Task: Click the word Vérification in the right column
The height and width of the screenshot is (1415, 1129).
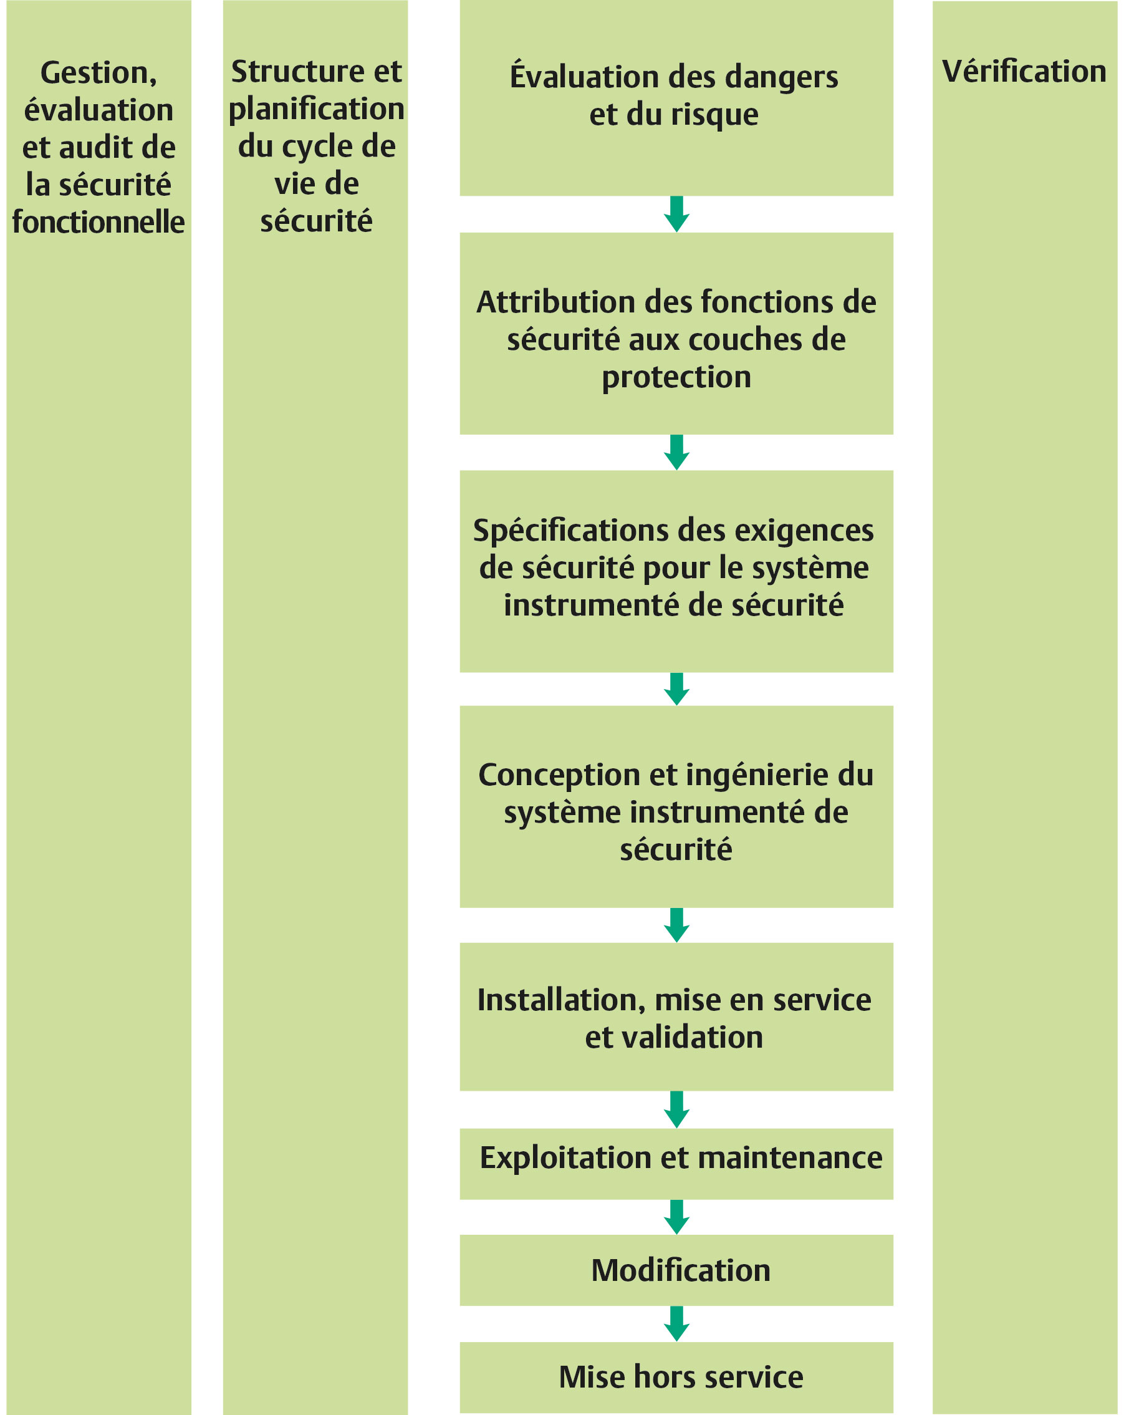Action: [x=1024, y=71]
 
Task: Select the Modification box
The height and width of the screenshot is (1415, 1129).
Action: [x=676, y=1270]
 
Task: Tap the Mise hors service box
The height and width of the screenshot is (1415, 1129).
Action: [x=676, y=1377]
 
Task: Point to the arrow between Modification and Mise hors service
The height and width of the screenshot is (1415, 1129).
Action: [x=676, y=1323]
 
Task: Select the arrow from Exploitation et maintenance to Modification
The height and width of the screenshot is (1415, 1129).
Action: [x=676, y=1217]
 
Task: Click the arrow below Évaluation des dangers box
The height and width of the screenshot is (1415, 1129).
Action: [x=676, y=214]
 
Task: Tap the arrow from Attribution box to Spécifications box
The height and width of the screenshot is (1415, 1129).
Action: [x=676, y=452]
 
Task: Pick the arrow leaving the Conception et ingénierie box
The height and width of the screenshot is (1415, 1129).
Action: [x=676, y=925]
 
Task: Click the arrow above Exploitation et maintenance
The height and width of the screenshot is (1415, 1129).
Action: [x=676, y=1109]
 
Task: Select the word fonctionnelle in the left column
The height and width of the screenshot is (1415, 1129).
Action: [x=98, y=222]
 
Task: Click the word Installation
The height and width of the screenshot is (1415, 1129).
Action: [x=562, y=1001]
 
